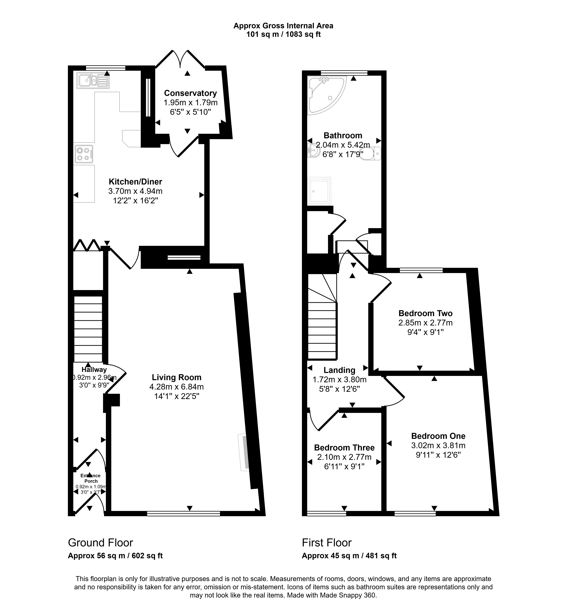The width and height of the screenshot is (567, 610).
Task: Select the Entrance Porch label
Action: [x=91, y=478]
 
